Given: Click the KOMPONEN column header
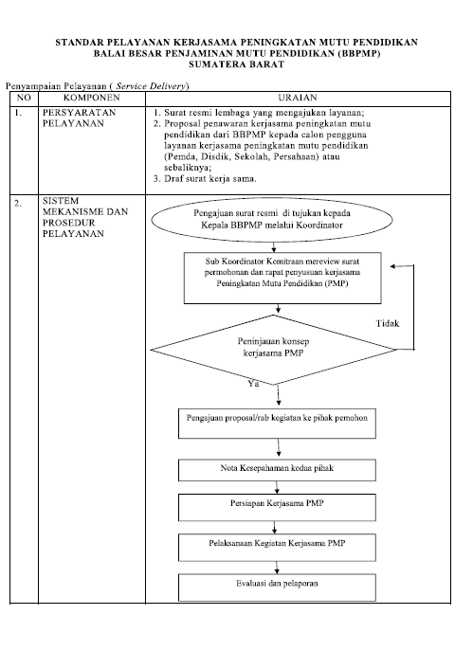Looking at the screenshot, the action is click(91, 98).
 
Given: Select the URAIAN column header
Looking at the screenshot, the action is click(298, 98).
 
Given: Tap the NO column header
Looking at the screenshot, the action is click(24, 98).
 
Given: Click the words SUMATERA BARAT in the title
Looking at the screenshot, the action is click(236, 64).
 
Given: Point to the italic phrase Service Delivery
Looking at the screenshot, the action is click(151, 86).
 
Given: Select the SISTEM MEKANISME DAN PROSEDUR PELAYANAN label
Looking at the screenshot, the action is click(85, 217).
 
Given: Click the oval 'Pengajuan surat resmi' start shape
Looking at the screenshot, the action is click(272, 220).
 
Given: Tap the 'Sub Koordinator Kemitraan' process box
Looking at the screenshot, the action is click(282, 278).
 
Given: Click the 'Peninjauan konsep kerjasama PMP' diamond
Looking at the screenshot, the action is click(273, 350).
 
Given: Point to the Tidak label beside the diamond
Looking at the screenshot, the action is click(388, 323).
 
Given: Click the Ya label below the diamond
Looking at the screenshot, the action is click(253, 384).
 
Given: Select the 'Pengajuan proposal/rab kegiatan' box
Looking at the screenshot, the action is click(277, 424).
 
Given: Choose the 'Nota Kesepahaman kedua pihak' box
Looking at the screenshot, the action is click(277, 470).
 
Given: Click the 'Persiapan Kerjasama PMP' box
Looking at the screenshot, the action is click(277, 507).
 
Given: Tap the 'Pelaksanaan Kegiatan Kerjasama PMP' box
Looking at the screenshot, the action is click(277, 548).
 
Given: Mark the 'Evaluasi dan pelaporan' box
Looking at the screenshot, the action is click(277, 588).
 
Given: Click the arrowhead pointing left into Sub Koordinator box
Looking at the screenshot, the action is click(392, 266).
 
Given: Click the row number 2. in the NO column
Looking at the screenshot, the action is click(17, 204).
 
